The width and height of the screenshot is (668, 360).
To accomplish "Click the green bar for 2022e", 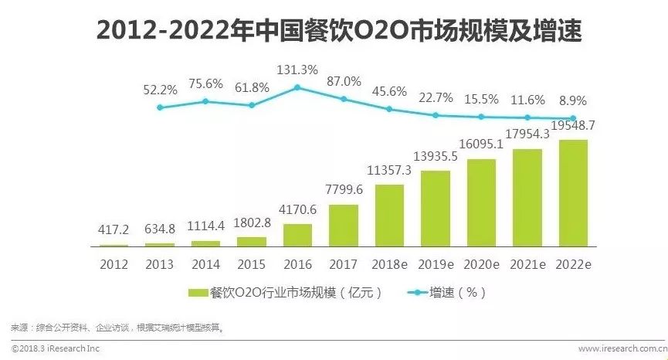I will pyautogui.click(x=572, y=193).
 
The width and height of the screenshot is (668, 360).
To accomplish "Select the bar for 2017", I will pyautogui.click(x=344, y=226).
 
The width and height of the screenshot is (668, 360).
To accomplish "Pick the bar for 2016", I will pyautogui.click(x=297, y=235).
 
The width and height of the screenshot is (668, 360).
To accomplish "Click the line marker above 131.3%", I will pyautogui.click(x=297, y=87).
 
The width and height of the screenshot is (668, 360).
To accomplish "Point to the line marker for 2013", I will pyautogui.click(x=160, y=107).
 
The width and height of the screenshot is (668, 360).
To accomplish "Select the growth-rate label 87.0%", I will pyautogui.click(x=344, y=81).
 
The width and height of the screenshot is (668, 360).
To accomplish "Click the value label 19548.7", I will pyautogui.click(x=572, y=125).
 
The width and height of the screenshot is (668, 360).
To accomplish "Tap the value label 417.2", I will pyautogui.click(x=114, y=230).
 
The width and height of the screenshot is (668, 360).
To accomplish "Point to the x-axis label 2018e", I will pyautogui.click(x=389, y=263).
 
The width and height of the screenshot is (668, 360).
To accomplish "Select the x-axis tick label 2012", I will pyautogui.click(x=114, y=263).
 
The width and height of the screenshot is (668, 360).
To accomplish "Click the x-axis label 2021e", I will pyautogui.click(x=527, y=263).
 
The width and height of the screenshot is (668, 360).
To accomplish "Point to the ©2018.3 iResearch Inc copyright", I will pyautogui.click(x=57, y=349).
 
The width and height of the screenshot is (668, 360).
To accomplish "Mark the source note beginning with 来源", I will pyautogui.click(x=116, y=328).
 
